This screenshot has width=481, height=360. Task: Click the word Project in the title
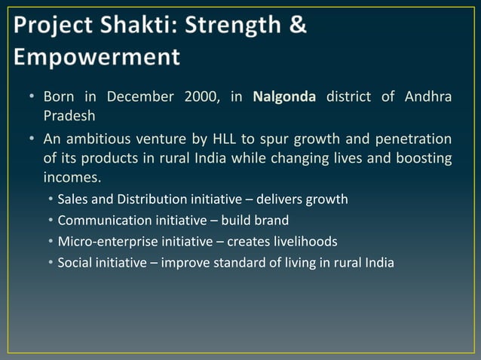click(x=57, y=25)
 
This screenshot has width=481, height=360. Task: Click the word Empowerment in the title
click(x=97, y=57)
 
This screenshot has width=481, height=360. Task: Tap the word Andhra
click(x=430, y=97)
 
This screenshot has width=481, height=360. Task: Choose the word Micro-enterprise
click(x=107, y=242)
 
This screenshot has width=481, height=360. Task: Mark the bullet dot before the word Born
click(x=33, y=98)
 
